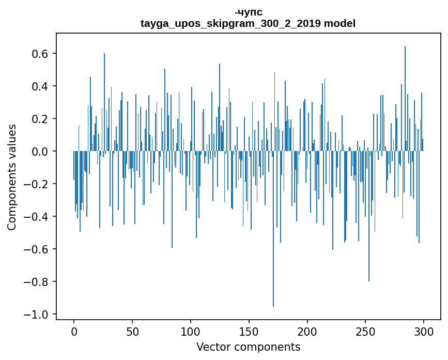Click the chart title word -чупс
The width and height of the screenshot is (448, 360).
pyautogui.click(x=248, y=12)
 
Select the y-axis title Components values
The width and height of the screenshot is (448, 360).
pyautogui.click(x=12, y=177)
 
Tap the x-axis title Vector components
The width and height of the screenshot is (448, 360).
pyautogui.click(x=248, y=347)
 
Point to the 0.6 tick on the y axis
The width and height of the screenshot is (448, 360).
pyautogui.click(x=41, y=54)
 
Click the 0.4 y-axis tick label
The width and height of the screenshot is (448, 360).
pyautogui.click(x=41, y=86)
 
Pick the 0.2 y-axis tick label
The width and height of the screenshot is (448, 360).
pyautogui.click(x=41, y=119)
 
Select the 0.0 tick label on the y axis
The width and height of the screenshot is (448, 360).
pyautogui.click(x=41, y=152)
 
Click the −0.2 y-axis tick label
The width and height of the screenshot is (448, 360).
pyautogui.click(x=37, y=184)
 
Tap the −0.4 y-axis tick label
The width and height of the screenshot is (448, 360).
pyautogui.click(x=37, y=217)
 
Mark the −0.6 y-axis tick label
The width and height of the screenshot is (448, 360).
pyautogui.click(x=37, y=249)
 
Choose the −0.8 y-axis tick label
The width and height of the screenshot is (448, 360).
pyautogui.click(x=37, y=282)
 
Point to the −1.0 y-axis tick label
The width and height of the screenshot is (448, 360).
pyautogui.click(x=37, y=314)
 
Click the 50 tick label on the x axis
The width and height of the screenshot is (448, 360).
pyautogui.click(x=132, y=331)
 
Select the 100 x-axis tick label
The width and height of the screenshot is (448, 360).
pyautogui.click(x=191, y=331)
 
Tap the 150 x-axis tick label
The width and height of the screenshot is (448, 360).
pyautogui.click(x=249, y=331)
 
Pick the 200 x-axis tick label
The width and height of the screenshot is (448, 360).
pyautogui.click(x=307, y=331)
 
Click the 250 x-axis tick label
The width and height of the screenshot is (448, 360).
pyautogui.click(x=366, y=331)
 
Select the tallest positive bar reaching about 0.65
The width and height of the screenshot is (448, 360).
pyautogui.click(x=405, y=98)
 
